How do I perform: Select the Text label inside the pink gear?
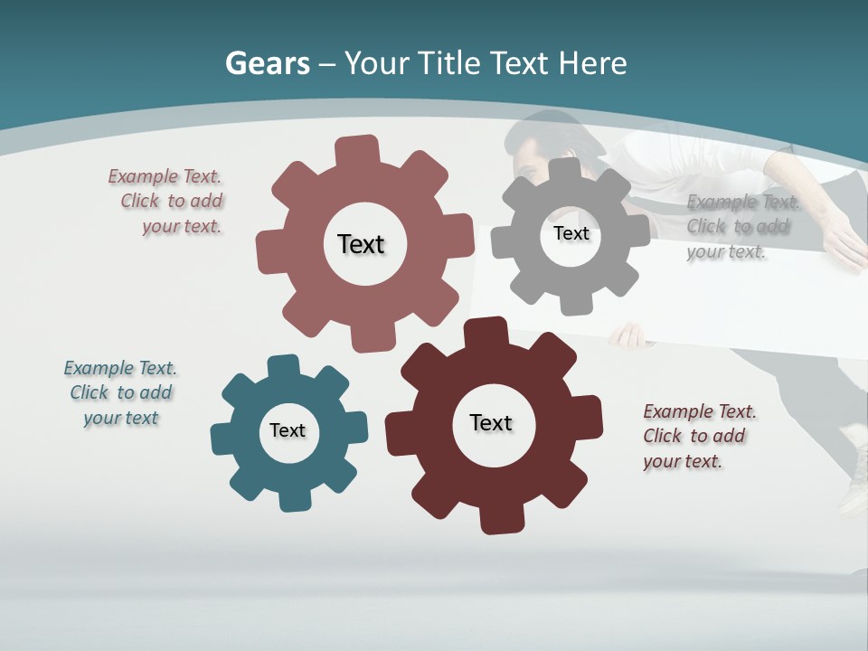tap(361, 244)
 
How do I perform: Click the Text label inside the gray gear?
tap(571, 233)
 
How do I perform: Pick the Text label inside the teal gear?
tap(288, 430)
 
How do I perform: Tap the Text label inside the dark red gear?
tap(491, 422)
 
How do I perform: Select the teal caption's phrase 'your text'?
tap(121, 418)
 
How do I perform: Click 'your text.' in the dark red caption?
tap(683, 461)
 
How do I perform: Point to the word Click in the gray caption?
tap(705, 227)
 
